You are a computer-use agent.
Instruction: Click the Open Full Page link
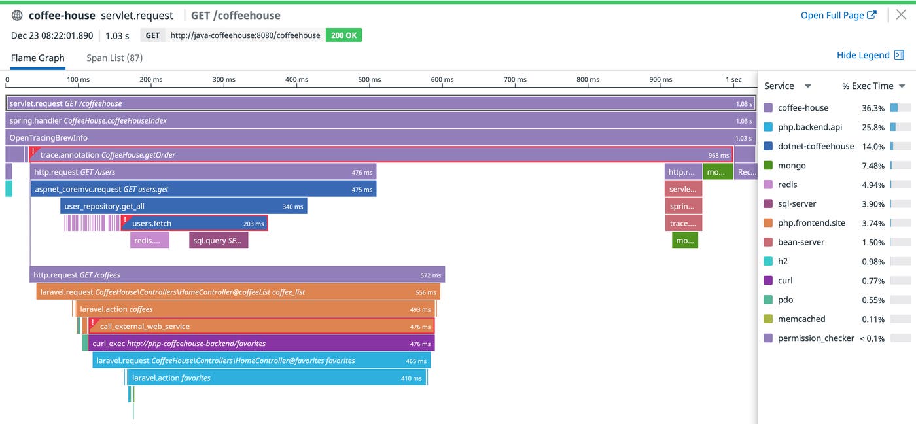click(838, 15)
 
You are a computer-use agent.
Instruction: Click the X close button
click(901, 15)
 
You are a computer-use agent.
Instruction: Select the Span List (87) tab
click(114, 58)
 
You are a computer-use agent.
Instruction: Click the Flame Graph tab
click(37, 58)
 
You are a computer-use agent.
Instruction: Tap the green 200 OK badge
click(343, 35)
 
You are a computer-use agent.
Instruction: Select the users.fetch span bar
click(194, 223)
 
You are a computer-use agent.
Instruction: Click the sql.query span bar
click(219, 240)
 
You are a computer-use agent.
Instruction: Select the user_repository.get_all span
click(183, 206)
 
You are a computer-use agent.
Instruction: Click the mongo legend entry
click(792, 166)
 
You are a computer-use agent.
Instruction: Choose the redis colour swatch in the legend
click(768, 185)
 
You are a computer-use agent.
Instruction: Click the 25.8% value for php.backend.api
click(873, 127)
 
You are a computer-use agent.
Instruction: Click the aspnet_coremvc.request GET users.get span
click(203, 189)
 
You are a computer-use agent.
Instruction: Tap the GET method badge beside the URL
click(152, 35)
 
